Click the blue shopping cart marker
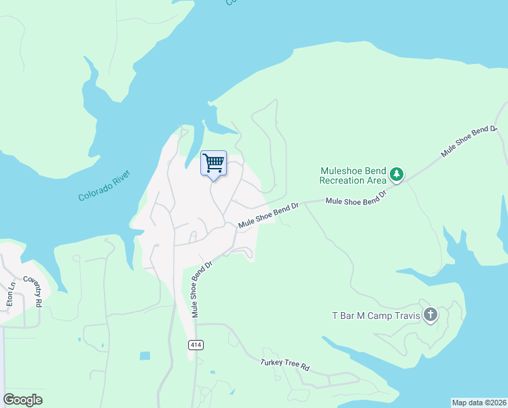click(x=213, y=163)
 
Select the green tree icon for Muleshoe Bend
click(x=397, y=175)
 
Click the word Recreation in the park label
click(x=344, y=180)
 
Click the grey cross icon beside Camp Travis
click(x=430, y=315)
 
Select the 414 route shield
click(x=196, y=345)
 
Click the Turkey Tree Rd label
click(x=285, y=364)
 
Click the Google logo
click(x=22, y=400)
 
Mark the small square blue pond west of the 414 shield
click(x=145, y=356)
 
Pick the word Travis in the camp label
click(x=405, y=316)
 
